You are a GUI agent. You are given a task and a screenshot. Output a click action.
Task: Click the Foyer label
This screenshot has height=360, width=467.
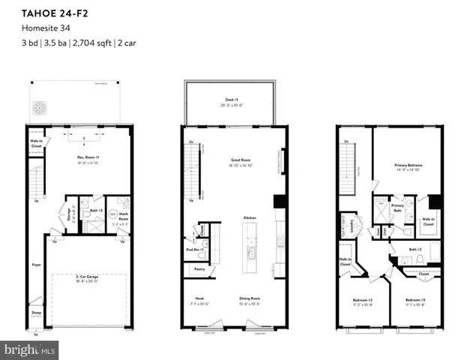(x=36, y=264)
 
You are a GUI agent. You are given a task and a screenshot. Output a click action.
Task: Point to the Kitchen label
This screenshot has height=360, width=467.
(x=250, y=217)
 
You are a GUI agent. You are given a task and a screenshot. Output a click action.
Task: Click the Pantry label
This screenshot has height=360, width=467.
(x=199, y=268)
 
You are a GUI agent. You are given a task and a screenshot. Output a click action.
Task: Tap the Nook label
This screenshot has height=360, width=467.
(x=199, y=298)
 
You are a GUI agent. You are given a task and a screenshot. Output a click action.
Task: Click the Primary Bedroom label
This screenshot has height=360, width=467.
(x=409, y=166)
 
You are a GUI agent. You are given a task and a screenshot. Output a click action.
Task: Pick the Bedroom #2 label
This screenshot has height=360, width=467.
(x=364, y=301)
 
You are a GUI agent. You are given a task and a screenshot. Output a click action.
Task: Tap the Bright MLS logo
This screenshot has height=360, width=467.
(x=30, y=349)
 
